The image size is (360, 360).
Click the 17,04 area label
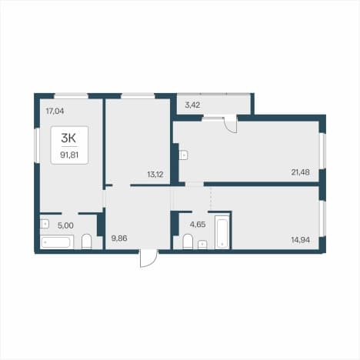click(55, 112)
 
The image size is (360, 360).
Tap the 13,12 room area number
click(155, 175)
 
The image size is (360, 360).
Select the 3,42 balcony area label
click(192, 105)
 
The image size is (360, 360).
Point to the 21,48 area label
click(300, 172)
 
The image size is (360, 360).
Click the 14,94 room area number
click(301, 240)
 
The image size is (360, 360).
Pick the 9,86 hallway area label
click(119, 238)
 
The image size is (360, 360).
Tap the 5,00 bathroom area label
click(65, 225)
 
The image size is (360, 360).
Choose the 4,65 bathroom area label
click(198, 225)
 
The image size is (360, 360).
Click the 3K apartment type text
click(68, 138)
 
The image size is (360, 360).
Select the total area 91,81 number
click(69, 155)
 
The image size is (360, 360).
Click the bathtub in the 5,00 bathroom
click(57, 242)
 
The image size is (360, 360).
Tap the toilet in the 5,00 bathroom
click(87, 242)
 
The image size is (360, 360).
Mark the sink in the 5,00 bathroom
click(45, 224)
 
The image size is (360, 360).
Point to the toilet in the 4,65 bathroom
click(188, 242)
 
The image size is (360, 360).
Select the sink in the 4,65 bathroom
click(202, 245)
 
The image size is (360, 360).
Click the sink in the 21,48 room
click(184, 155)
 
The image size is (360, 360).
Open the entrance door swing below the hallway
click(148, 258)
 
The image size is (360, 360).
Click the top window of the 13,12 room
click(138, 96)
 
